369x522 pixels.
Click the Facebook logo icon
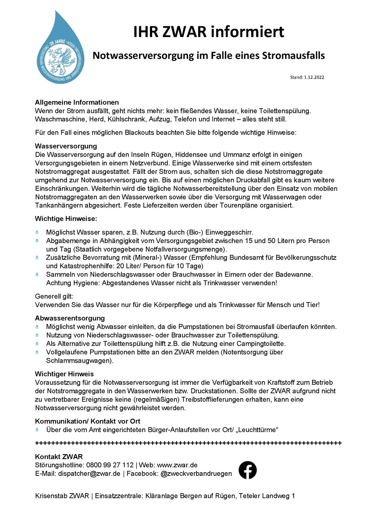pyautogui.click(x=248, y=470)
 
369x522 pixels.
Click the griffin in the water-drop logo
pyautogui.click(x=61, y=58)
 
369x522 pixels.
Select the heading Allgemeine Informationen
pyautogui.click(x=77, y=102)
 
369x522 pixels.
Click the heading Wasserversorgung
pyautogui.click(x=66, y=146)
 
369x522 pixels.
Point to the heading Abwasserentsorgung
pyautogui.click(x=70, y=318)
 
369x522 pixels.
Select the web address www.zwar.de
pyautogui.click(x=177, y=465)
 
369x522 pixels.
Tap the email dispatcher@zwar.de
pyautogui.click(x=89, y=473)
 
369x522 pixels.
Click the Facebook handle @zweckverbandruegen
pyautogui.click(x=196, y=473)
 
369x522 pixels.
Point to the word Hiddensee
pyautogui.click(x=191, y=155)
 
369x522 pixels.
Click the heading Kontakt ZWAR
pyautogui.click(x=59, y=457)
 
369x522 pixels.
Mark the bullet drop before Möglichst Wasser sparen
pyautogui.click(x=37, y=232)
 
